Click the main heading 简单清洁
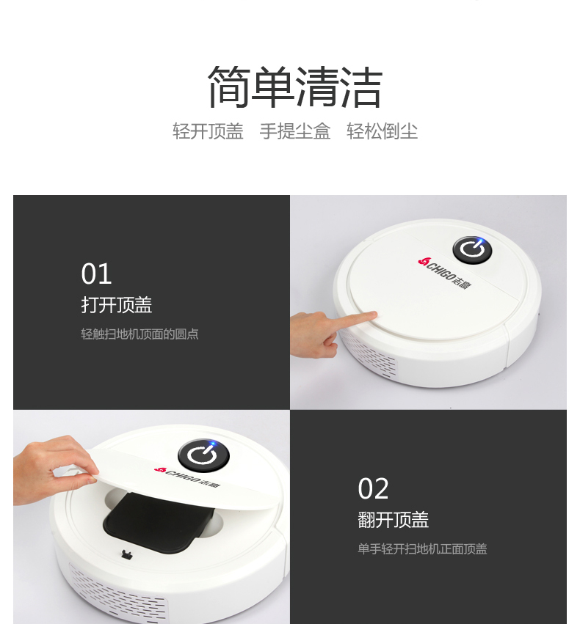pos(295,87)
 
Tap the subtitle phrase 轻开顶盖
pos(208,131)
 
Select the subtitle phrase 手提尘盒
pos(295,131)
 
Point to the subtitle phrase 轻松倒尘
pos(382,131)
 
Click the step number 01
pos(96,274)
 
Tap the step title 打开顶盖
pos(117,305)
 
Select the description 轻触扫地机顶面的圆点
pos(139,334)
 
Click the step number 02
pos(373,488)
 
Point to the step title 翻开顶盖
pos(394,520)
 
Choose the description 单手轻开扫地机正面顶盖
pos(422,549)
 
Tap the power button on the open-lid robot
pos(203,455)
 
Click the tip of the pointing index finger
pos(375,315)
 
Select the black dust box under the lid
pos(159,521)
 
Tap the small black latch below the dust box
pos(127,554)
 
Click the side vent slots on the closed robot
pos(367,354)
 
